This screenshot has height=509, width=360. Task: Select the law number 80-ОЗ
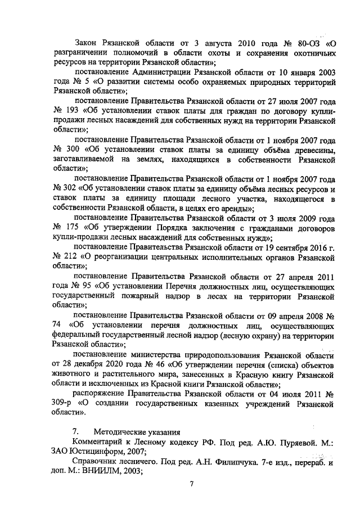point(307,43)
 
